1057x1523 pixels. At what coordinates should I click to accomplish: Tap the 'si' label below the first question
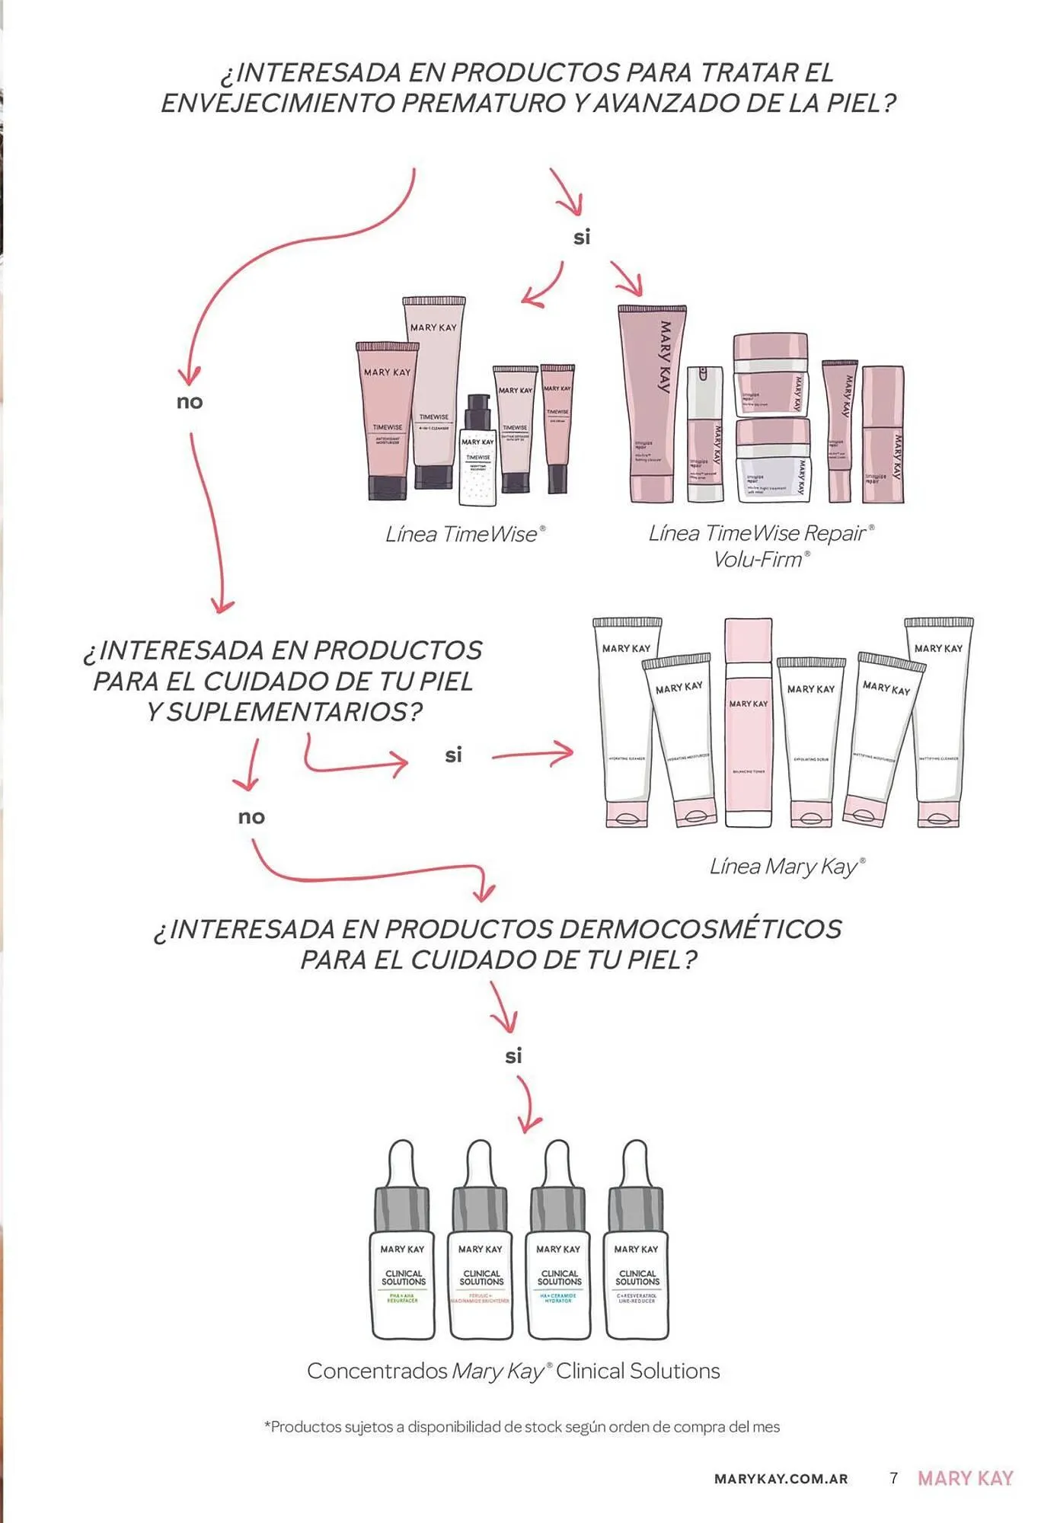point(582,238)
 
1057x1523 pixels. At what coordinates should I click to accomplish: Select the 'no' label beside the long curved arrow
point(190,402)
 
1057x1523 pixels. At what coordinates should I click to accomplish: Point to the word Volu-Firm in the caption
point(758,560)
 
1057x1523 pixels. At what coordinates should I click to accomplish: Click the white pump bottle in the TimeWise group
point(477,455)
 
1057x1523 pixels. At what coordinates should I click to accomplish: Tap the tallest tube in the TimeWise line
point(435,392)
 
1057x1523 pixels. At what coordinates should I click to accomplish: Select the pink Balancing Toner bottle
point(748,723)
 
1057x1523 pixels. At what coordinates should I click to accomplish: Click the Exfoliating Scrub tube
point(810,742)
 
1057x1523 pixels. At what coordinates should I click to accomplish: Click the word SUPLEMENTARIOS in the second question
point(294,712)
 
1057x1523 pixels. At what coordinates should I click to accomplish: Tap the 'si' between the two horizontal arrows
point(453,755)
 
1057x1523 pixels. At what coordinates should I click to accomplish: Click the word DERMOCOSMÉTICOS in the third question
point(700,930)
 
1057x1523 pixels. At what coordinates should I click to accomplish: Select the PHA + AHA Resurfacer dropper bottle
point(403,1256)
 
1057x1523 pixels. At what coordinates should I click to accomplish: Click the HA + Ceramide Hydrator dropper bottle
point(558,1256)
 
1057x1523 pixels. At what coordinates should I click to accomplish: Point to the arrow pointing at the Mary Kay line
point(533,755)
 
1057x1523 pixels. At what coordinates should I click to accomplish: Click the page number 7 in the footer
point(894,1478)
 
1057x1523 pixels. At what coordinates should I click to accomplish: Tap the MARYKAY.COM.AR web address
point(781,1479)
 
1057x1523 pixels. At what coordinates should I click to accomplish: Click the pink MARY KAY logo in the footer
point(965,1478)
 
